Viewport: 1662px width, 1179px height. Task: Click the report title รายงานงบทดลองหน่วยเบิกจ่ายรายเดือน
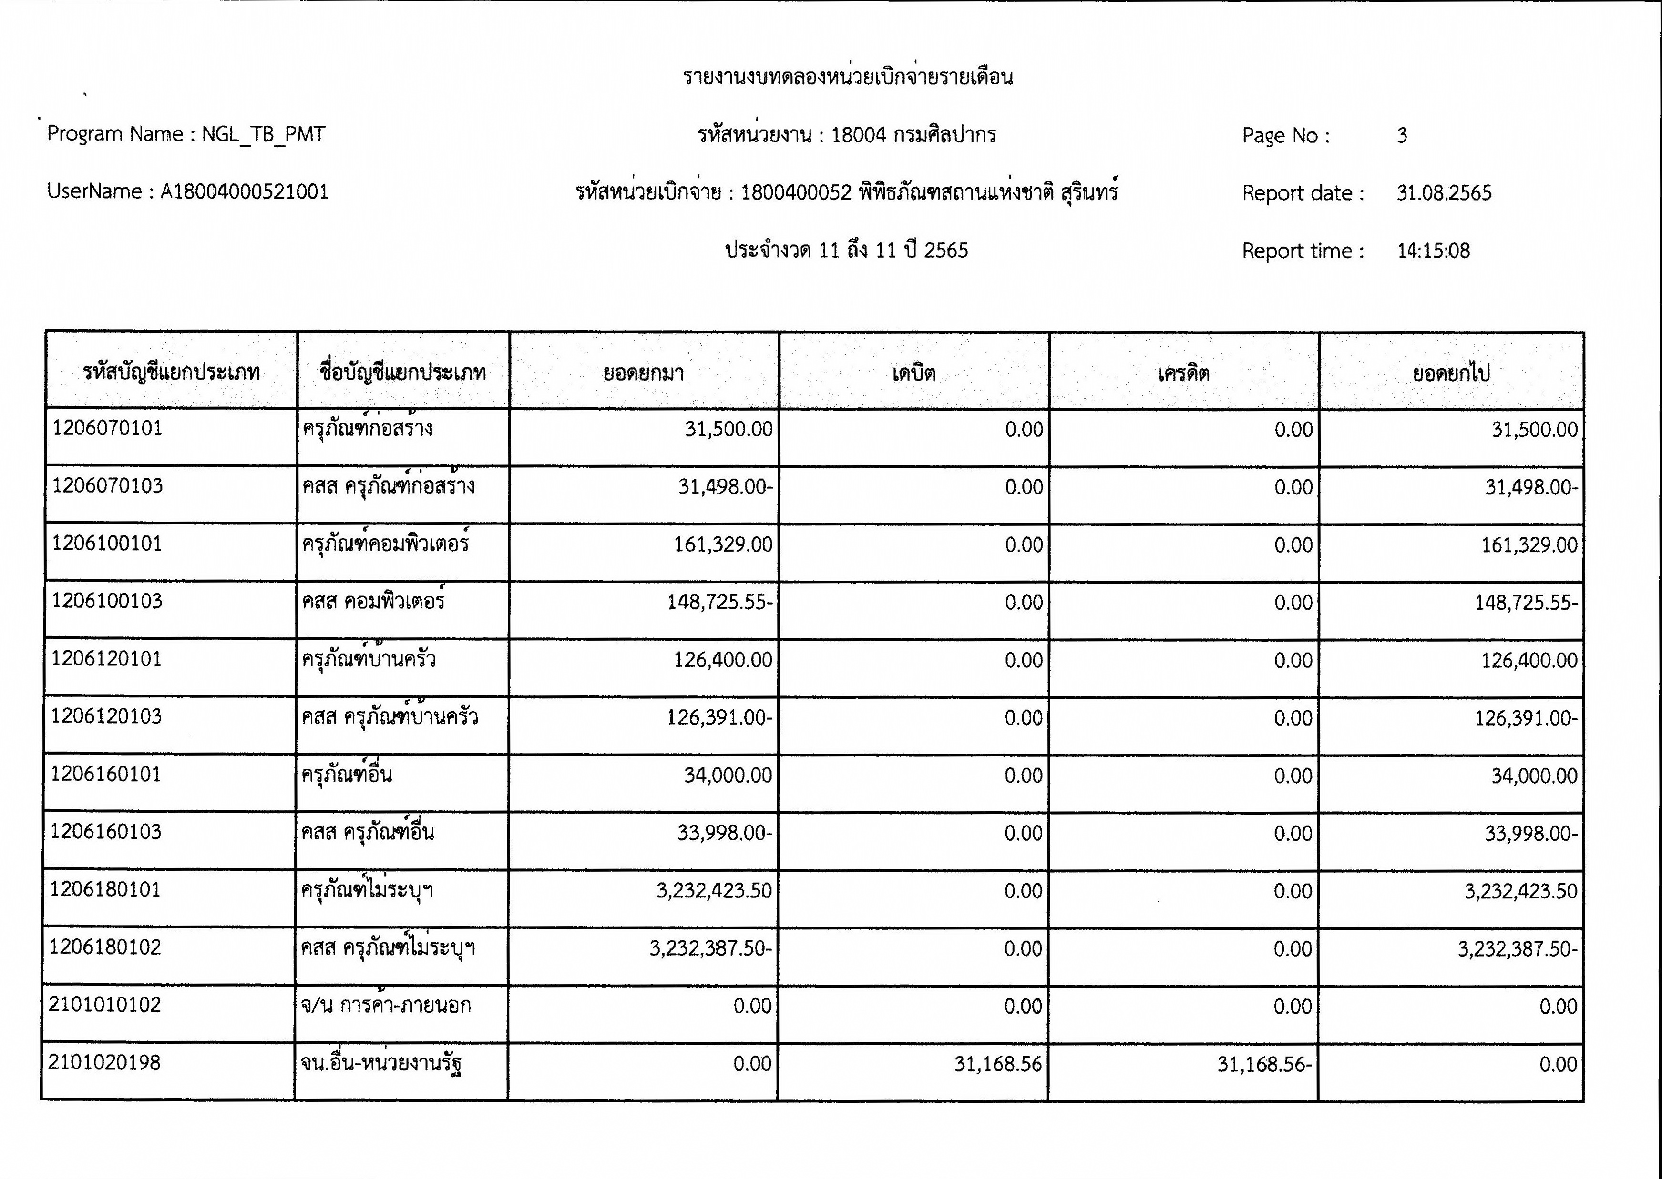pos(847,77)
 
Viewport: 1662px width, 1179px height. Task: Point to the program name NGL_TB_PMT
pos(263,134)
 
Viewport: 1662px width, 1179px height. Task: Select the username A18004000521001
pos(244,191)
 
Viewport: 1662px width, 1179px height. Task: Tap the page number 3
pos(1401,135)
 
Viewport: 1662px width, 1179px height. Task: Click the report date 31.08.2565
pos(1443,193)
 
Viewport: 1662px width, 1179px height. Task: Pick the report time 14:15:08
pos(1433,251)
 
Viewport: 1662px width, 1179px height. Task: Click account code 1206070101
pos(107,428)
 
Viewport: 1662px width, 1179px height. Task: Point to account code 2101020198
pos(104,1063)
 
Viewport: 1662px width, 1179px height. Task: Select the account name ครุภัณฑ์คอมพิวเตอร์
pos(386,544)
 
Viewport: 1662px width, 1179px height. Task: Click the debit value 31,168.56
pos(997,1064)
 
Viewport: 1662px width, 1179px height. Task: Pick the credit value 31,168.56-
pos(1264,1064)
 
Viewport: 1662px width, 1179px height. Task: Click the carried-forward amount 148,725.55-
pos(1526,603)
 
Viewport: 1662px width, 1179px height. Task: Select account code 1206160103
pos(105,832)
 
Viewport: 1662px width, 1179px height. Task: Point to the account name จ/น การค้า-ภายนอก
pos(386,1006)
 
